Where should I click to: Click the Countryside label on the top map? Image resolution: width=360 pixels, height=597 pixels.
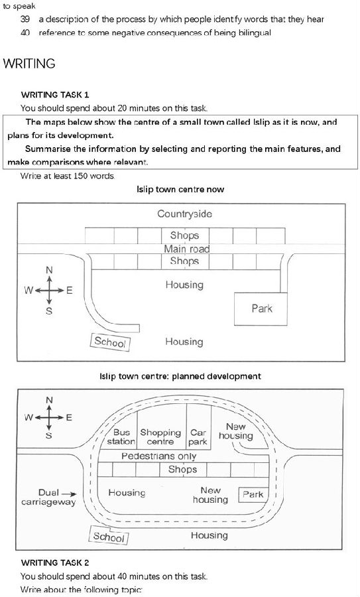pyautogui.click(x=184, y=214)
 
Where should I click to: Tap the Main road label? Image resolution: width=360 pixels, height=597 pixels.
pyautogui.click(x=186, y=249)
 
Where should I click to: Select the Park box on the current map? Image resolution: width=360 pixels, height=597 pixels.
pyautogui.click(x=261, y=308)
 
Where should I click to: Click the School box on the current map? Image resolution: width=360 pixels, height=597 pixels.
pyautogui.click(x=110, y=342)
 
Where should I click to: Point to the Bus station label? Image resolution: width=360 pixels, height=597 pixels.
pyautogui.click(x=121, y=437)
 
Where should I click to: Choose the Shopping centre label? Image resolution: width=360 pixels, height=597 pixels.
pyautogui.click(x=160, y=437)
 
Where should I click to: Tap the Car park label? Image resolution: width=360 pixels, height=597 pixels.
pyautogui.click(x=198, y=437)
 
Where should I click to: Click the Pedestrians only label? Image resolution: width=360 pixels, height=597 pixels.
pyautogui.click(x=158, y=456)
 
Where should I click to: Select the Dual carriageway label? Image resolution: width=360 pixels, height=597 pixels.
pyautogui.click(x=48, y=497)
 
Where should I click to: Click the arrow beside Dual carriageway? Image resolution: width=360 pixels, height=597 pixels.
pyautogui.click(x=69, y=494)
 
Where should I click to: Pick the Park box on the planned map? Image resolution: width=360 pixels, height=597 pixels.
pyautogui.click(x=253, y=495)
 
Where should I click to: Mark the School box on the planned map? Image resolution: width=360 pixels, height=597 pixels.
pyautogui.click(x=109, y=536)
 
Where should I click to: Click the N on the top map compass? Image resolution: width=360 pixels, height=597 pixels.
pyautogui.click(x=49, y=271)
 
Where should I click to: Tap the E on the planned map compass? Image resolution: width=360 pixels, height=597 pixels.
pyautogui.click(x=69, y=418)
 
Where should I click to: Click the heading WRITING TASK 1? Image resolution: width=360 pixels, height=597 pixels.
pyautogui.click(x=55, y=94)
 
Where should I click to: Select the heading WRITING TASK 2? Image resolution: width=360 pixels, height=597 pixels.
pyautogui.click(x=56, y=563)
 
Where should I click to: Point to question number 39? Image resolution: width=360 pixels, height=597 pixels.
pyautogui.click(x=25, y=19)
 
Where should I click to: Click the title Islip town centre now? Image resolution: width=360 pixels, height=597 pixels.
pyautogui.click(x=180, y=189)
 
